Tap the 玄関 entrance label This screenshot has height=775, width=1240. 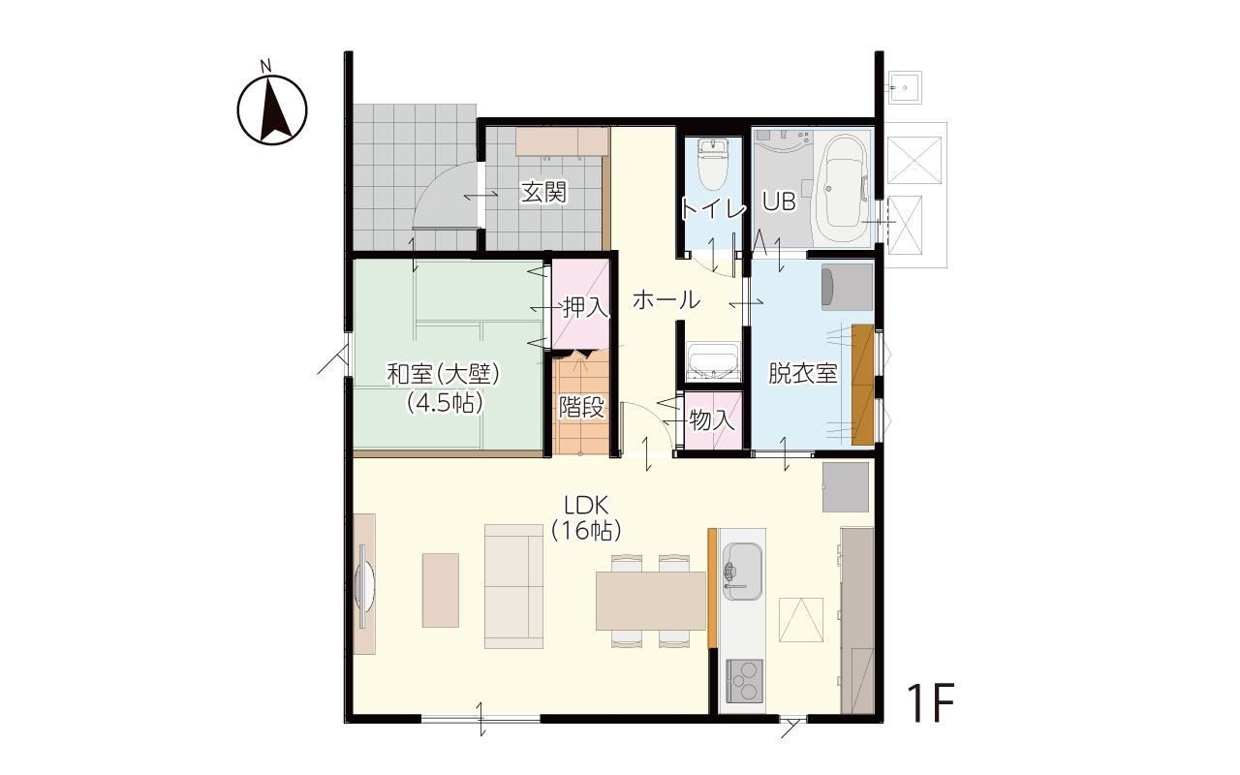543,193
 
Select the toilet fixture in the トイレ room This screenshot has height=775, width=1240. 712,164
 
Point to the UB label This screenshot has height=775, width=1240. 780,201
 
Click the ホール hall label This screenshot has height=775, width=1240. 666,299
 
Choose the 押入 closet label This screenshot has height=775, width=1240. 586,308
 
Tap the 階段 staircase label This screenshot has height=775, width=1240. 581,408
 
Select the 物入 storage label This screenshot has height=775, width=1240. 712,420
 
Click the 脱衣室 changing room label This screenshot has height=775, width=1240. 803,373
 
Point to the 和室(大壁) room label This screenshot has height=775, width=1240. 444,374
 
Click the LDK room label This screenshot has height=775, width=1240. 586,506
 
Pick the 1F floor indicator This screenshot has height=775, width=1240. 931,702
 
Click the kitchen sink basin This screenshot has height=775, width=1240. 742,572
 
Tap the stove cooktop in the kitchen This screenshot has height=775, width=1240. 743,680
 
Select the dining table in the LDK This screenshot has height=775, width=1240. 650,601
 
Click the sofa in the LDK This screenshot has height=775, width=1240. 513,586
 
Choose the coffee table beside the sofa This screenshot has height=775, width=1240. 441,590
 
